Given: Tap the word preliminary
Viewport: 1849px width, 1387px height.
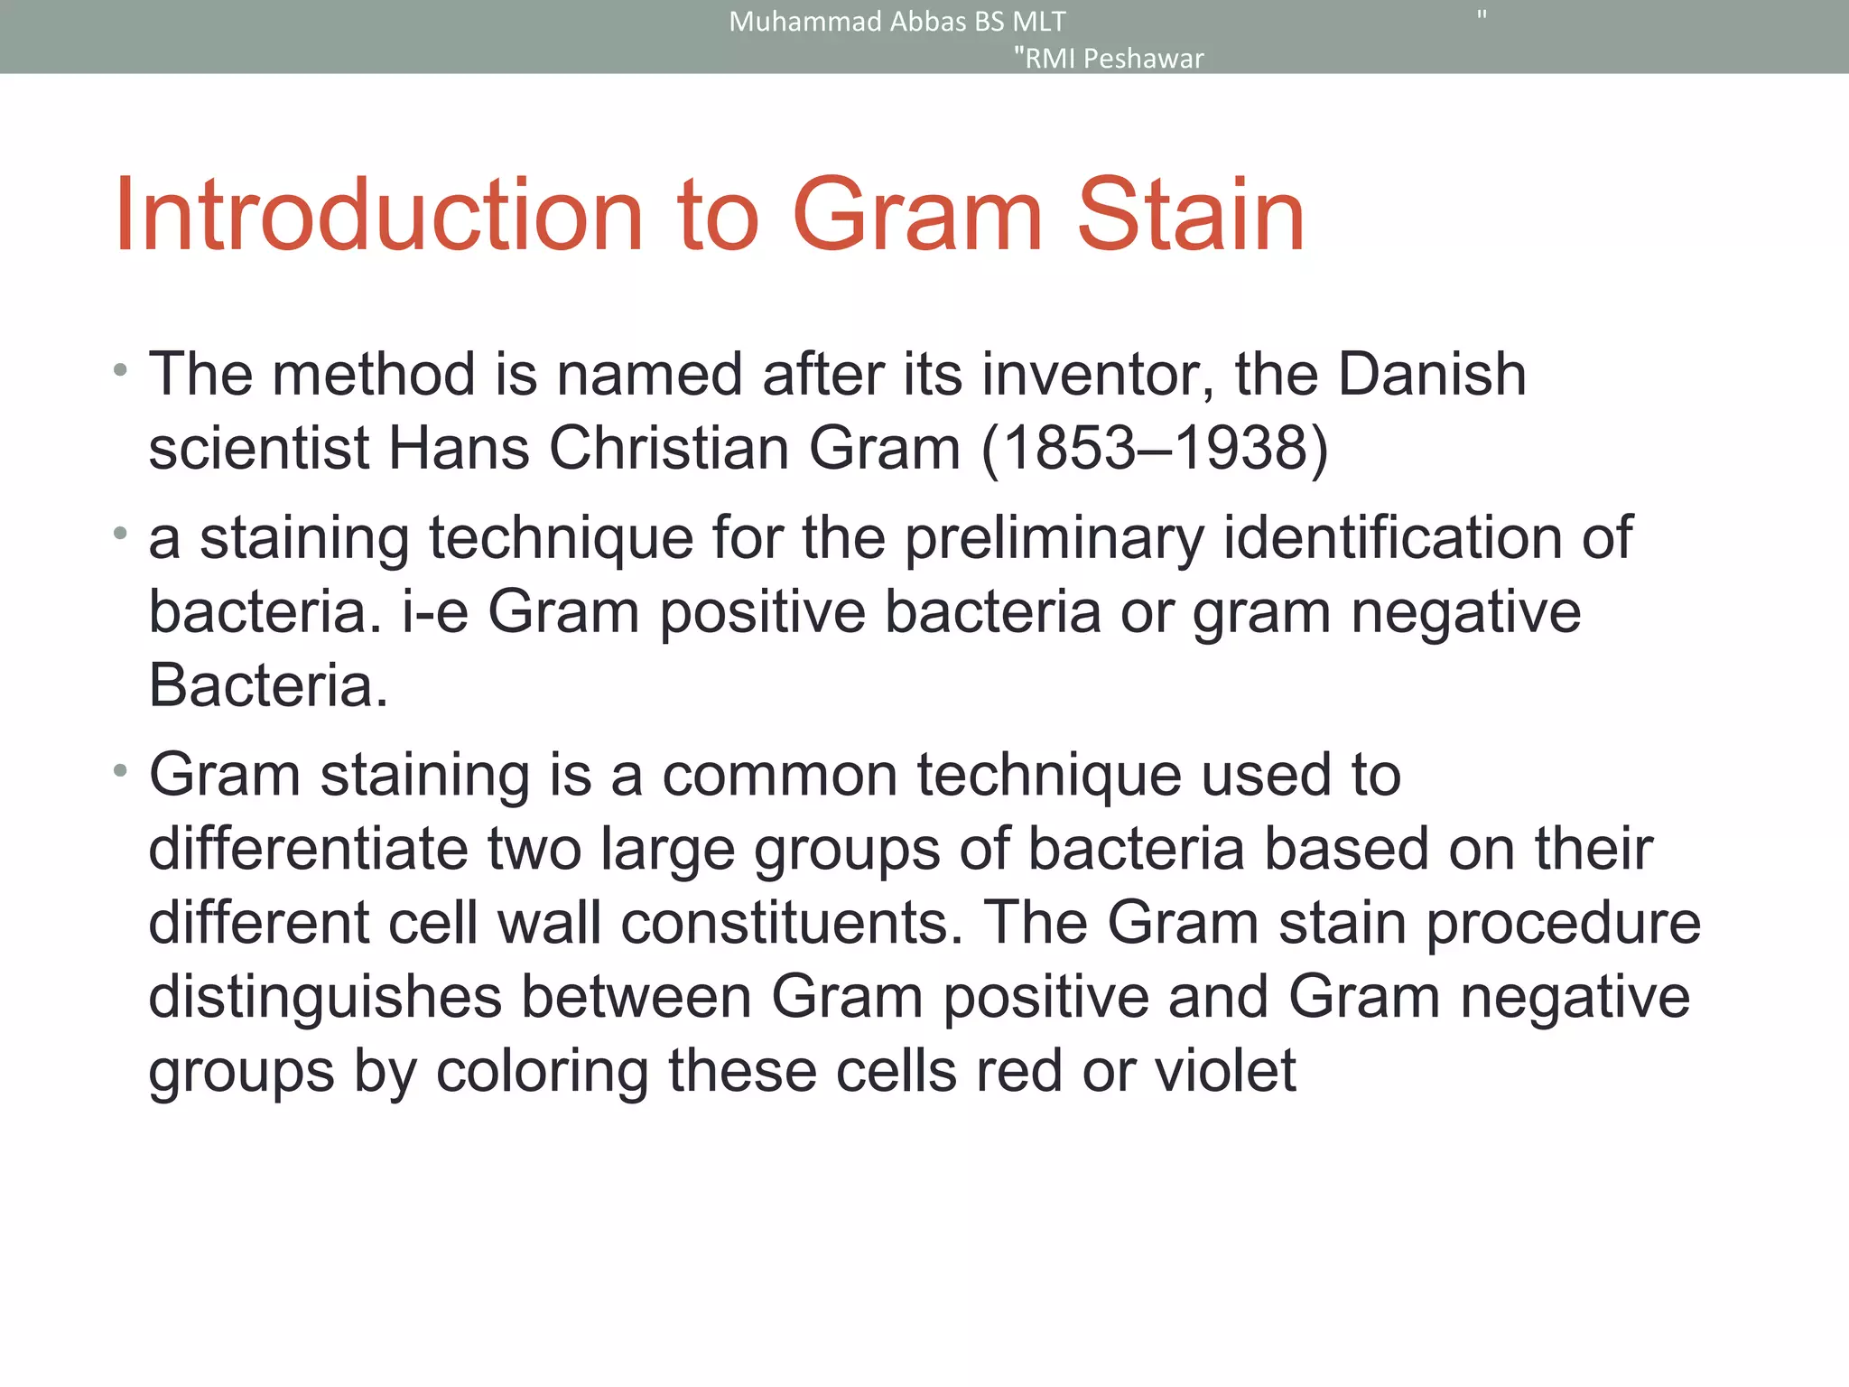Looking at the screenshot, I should point(1054,539).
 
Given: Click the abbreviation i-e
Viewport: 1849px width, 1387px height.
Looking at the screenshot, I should point(435,612).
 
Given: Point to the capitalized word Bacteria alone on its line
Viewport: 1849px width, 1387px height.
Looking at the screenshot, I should point(267,686).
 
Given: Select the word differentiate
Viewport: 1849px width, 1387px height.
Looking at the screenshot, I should point(308,850).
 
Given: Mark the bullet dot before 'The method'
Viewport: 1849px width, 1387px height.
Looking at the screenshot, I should point(120,370).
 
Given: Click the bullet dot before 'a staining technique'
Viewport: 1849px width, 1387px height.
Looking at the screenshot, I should point(120,534).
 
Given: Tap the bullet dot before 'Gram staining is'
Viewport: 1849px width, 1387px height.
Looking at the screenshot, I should point(120,771).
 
